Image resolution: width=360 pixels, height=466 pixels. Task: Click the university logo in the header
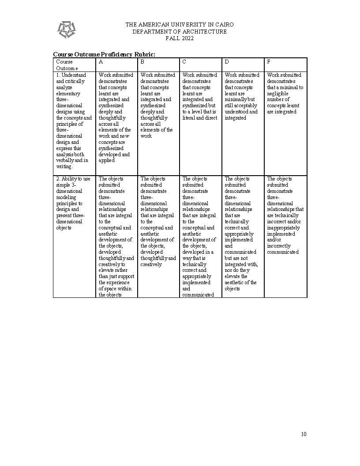point(66,30)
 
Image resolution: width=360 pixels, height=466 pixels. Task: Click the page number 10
point(304,434)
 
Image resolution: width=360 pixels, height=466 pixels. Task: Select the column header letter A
point(101,62)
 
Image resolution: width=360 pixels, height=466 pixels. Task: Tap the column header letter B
point(142,62)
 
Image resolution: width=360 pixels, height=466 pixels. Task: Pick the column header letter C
point(184,62)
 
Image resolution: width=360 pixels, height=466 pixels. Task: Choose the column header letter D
point(227,62)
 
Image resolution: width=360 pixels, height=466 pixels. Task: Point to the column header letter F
point(269,62)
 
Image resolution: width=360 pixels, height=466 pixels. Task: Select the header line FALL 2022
point(180,38)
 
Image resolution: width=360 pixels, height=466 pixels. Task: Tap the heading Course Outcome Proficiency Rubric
point(104,54)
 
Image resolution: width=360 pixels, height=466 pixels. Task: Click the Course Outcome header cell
point(67,65)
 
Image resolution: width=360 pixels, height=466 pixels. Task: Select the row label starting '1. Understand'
point(74,120)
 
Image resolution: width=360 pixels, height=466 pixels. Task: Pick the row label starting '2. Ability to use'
point(73,203)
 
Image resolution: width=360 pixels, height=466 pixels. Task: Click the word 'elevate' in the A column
point(107,270)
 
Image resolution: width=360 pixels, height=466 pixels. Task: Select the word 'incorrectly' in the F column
point(279,246)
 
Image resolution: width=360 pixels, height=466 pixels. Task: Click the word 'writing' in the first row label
point(64,166)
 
